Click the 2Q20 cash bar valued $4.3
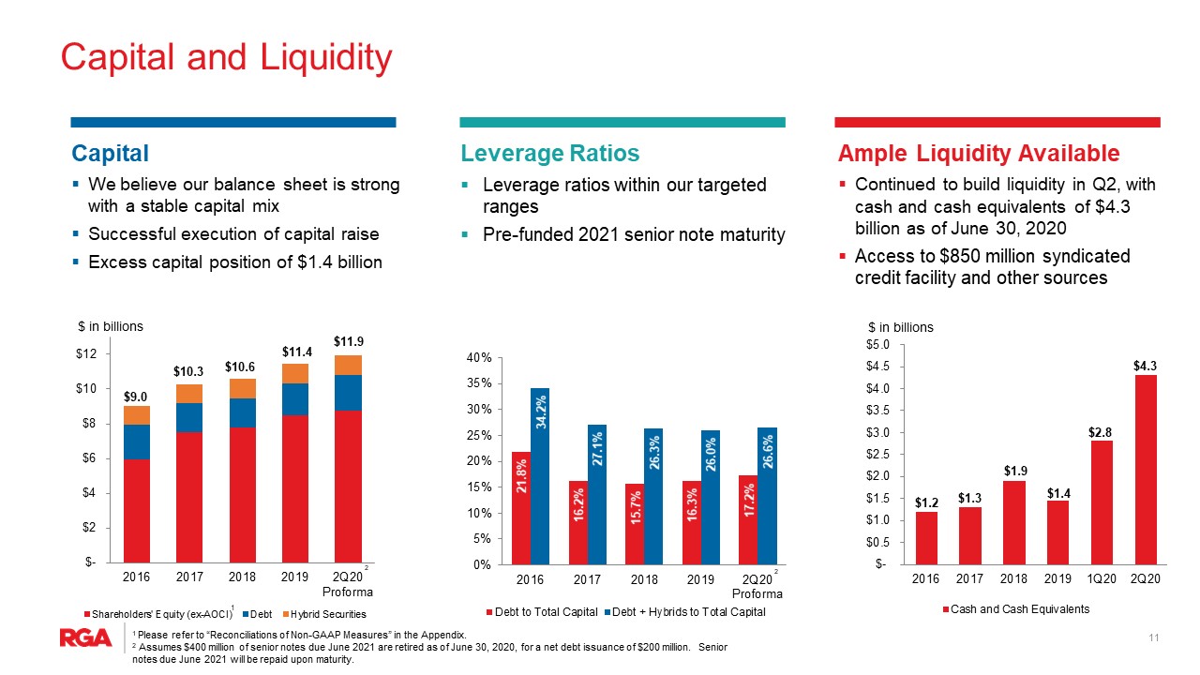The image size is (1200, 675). [x=1146, y=470]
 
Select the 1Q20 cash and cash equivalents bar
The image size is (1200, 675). [x=1102, y=502]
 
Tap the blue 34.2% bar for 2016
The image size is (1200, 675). [x=540, y=476]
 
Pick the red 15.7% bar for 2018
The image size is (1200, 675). [x=635, y=524]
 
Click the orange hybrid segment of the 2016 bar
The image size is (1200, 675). [x=137, y=415]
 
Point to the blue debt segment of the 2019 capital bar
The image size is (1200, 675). [x=295, y=399]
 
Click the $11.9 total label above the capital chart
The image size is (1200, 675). [x=349, y=341]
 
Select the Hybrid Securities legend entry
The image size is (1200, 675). [x=324, y=614]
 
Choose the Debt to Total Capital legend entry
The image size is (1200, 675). [x=542, y=612]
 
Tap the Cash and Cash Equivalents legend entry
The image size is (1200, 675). [x=1016, y=609]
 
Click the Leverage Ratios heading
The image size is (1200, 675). [x=550, y=153]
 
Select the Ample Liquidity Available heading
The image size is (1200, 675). [x=979, y=153]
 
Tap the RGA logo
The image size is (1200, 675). [x=85, y=637]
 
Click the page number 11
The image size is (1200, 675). [x=1154, y=637]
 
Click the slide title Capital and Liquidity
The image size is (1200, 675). [x=227, y=57]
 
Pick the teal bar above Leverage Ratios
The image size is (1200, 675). [x=622, y=122]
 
